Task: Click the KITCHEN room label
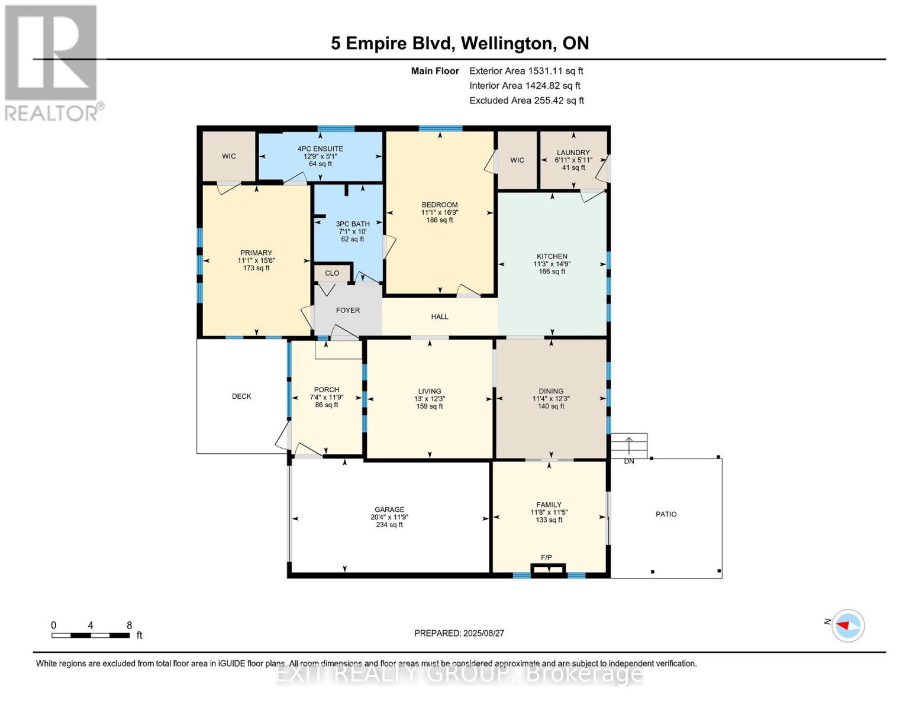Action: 552,256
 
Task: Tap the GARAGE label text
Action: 389,509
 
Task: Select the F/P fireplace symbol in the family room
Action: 548,569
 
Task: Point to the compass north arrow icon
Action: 847,626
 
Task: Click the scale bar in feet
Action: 91,635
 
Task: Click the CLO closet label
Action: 332,273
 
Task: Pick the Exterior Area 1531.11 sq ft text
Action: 526,71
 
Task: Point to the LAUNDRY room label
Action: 573,152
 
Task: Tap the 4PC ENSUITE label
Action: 320,149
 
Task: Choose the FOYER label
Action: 348,311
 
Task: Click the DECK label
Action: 241,396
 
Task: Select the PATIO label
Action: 666,514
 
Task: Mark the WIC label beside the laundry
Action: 517,160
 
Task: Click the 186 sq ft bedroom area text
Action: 440,220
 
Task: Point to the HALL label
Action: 440,317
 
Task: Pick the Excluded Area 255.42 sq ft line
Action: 527,101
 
